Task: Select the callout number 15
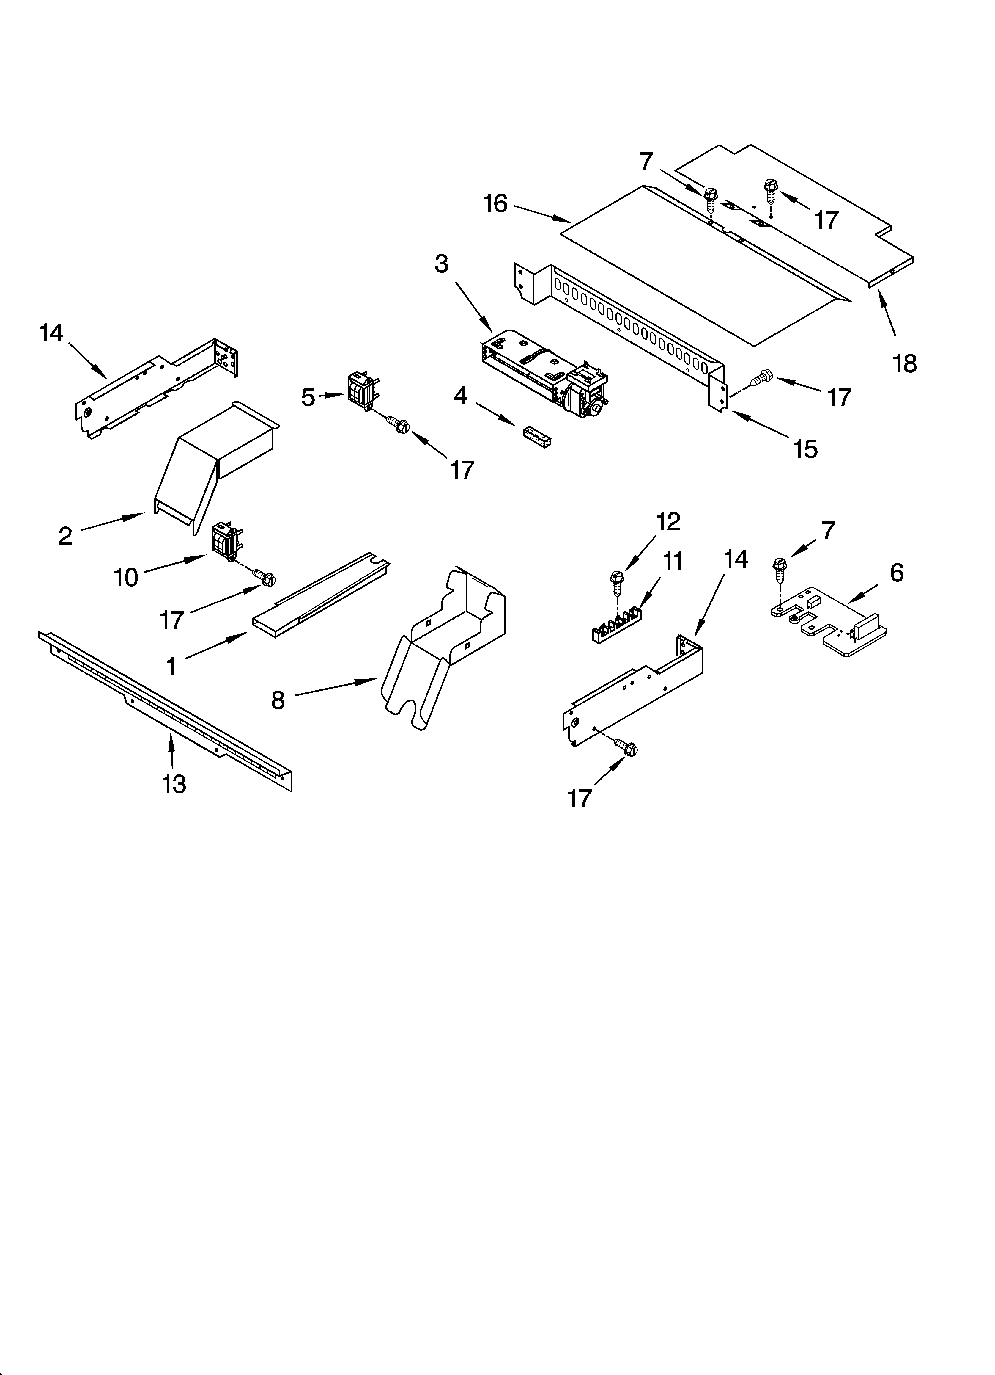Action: pos(805,449)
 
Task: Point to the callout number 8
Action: pos(278,700)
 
